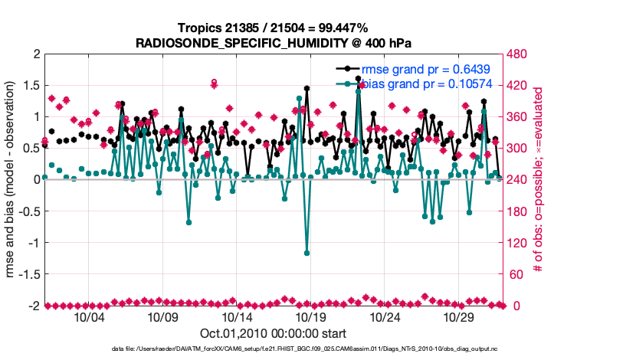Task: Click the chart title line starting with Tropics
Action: [274, 28]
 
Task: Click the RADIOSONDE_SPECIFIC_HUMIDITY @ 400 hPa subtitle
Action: [274, 42]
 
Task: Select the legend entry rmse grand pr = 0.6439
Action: [426, 69]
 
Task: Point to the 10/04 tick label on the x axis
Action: [88, 317]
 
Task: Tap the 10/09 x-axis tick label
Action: [162, 317]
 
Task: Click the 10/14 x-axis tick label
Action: [237, 317]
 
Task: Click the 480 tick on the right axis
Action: [518, 54]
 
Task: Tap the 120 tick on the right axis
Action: [518, 243]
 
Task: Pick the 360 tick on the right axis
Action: [518, 117]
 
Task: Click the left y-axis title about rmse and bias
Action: [13, 180]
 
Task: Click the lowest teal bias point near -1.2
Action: [307, 253]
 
